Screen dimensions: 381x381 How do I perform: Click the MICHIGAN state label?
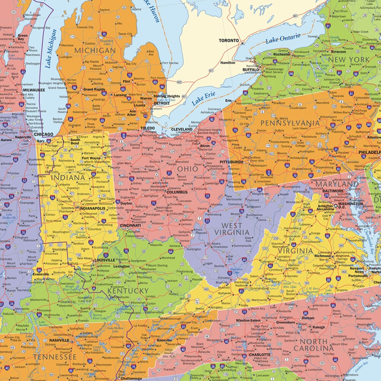point(95,50)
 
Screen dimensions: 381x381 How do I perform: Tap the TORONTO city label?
point(228,40)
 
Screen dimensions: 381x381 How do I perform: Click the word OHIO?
point(188,168)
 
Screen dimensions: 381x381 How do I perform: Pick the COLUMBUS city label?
point(177,193)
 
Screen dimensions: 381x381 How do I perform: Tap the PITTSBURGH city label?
point(231,162)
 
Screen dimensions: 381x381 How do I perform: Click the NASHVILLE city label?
point(59,340)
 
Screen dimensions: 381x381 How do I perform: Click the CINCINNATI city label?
point(130,225)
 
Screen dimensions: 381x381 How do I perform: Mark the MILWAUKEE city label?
point(33,90)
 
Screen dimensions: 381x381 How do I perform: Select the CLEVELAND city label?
point(182,129)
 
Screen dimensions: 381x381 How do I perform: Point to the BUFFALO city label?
point(251,70)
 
